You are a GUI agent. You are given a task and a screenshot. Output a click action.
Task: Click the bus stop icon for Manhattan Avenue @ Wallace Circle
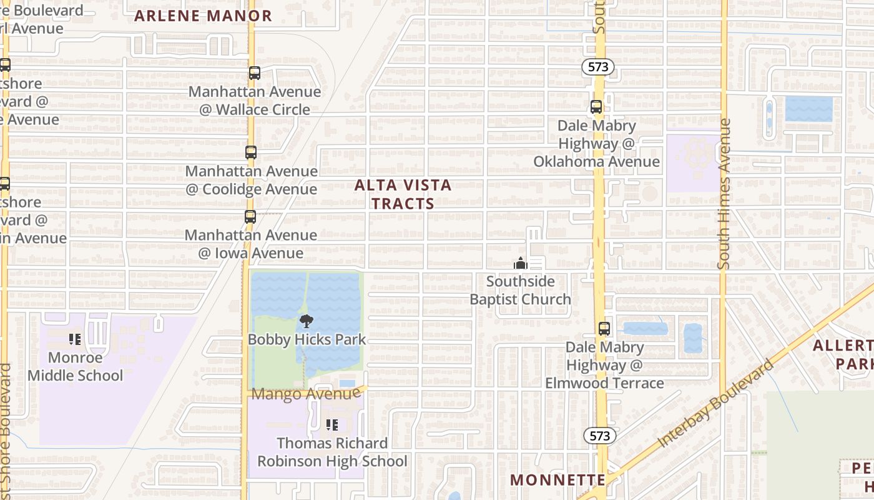[x=255, y=73]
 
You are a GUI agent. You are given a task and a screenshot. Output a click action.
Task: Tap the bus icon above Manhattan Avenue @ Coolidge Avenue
[x=251, y=152]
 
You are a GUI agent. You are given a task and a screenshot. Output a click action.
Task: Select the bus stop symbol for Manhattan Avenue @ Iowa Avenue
[x=250, y=217]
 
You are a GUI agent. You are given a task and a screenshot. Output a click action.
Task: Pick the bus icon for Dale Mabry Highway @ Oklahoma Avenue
[x=596, y=107]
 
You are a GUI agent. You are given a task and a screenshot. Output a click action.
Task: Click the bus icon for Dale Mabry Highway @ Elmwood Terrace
[x=604, y=328]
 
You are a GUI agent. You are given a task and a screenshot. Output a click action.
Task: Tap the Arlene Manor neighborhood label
[x=204, y=16]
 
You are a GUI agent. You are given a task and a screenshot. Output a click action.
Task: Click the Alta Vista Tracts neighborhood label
[x=403, y=194]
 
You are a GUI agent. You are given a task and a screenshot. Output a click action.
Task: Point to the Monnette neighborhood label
[x=557, y=480]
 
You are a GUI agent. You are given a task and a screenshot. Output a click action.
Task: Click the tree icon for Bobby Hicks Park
[x=306, y=321]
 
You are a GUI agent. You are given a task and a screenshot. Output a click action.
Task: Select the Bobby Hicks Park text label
[x=307, y=339]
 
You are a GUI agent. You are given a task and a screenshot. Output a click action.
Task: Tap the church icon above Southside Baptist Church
[x=520, y=263]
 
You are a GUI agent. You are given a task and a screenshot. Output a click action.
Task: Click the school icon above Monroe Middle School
[x=75, y=339]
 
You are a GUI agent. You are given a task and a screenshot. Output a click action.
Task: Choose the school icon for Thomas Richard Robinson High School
[x=332, y=425]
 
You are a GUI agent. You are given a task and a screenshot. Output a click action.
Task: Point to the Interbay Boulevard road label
[x=715, y=404]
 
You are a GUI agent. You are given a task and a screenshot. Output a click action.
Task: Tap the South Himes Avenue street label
[x=724, y=194]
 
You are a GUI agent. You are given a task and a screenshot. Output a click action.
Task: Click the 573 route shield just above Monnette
[x=599, y=436]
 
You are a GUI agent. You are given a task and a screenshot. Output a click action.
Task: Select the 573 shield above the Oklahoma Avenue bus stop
[x=598, y=67]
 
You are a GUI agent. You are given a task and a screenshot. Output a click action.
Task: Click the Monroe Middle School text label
[x=75, y=367]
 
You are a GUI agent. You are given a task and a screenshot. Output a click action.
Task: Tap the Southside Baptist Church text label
[x=520, y=291]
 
